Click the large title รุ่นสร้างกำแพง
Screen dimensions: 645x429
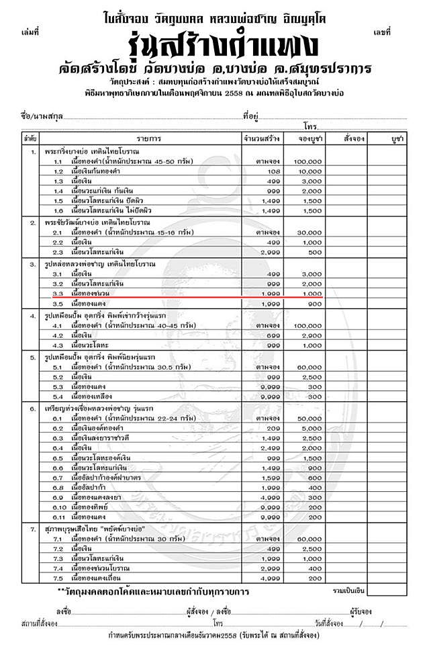(214, 47)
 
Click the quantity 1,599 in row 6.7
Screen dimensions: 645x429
(263, 476)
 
